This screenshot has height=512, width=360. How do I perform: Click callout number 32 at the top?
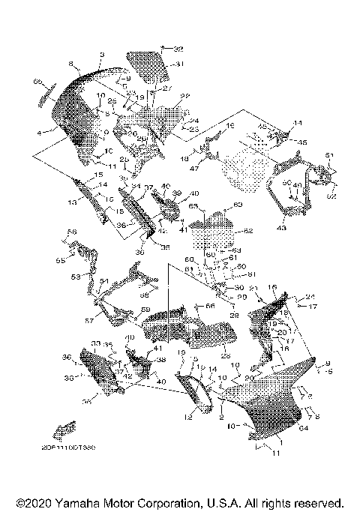(178, 48)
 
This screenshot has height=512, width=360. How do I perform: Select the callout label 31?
(179, 64)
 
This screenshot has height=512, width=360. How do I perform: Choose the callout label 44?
(297, 123)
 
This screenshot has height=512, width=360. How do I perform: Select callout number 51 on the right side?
(328, 154)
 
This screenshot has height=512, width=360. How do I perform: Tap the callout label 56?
(73, 232)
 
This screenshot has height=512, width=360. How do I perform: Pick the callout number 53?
(75, 277)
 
